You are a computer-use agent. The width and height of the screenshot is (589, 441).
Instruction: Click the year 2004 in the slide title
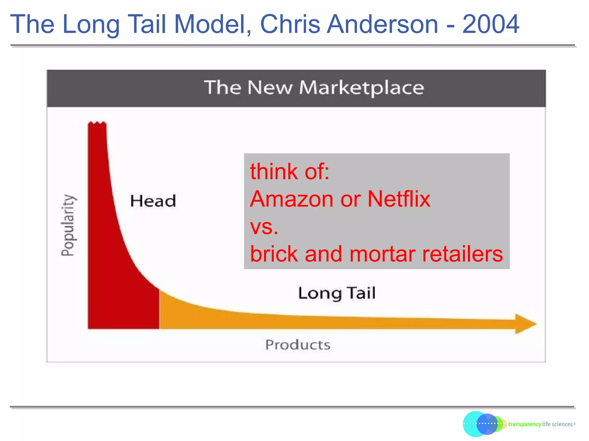tap(491, 24)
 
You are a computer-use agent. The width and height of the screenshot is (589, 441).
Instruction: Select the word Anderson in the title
tap(383, 24)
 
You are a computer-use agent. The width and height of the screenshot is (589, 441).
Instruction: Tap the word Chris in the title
tap(290, 24)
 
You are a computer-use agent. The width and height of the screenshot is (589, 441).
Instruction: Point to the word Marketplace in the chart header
tap(362, 88)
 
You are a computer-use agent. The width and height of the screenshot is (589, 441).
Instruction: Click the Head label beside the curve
tap(153, 201)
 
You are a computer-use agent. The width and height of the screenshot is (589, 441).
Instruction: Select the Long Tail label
tap(336, 293)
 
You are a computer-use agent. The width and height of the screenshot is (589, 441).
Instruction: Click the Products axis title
tap(298, 345)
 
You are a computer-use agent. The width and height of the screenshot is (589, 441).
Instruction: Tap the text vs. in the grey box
tap(264, 227)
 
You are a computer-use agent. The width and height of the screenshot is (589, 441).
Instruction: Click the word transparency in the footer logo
tap(524, 424)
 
